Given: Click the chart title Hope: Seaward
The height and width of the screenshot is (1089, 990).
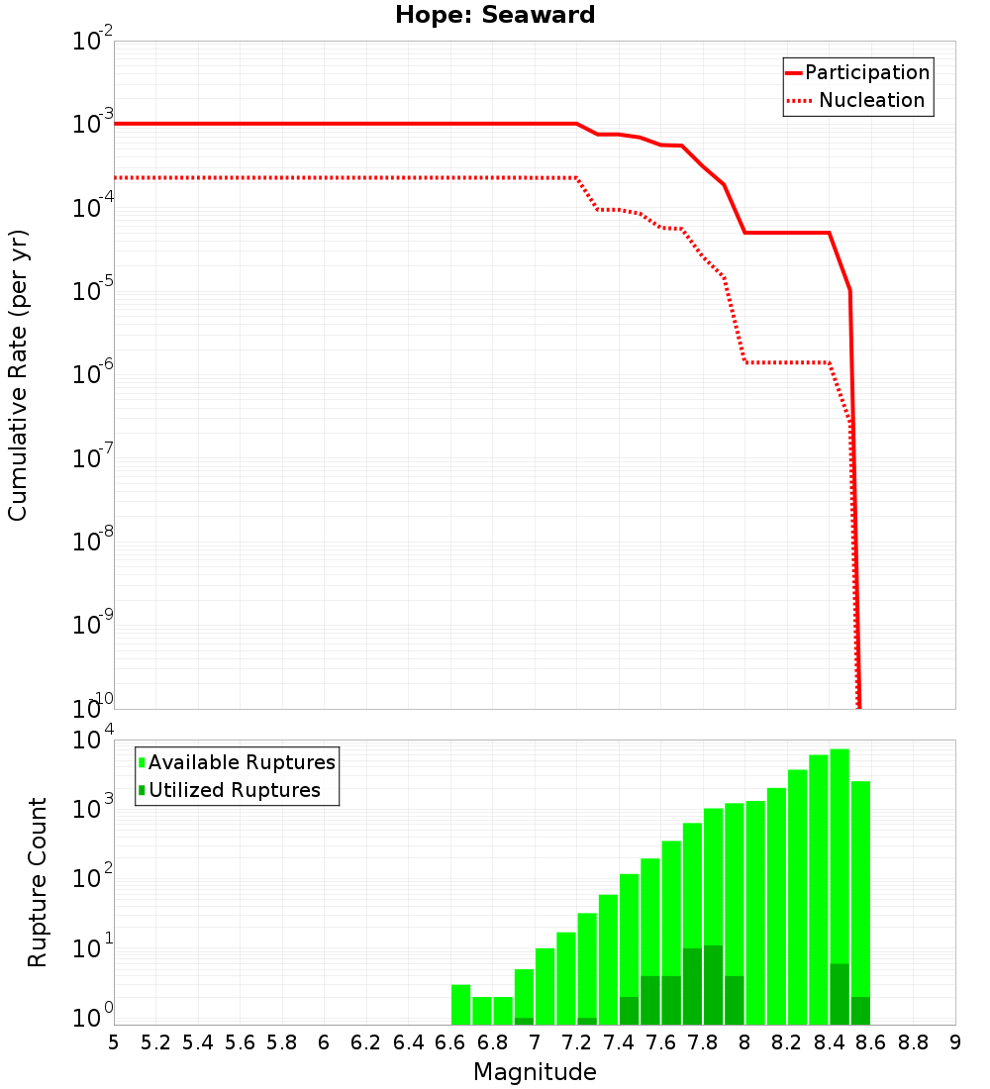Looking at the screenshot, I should (495, 15).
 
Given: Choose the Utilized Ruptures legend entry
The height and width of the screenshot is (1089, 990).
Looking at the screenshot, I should (234, 790).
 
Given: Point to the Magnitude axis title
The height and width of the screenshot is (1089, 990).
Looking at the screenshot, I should (535, 1072).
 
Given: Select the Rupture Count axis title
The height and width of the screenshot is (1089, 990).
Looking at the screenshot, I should (38, 881).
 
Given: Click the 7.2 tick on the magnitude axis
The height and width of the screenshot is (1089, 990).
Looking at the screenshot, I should (576, 1042).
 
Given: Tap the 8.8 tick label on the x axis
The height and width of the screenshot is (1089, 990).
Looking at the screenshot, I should (913, 1042).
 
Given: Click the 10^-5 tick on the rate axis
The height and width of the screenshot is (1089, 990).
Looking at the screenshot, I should (93, 292).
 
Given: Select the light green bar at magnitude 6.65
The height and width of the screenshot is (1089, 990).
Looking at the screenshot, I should (460, 1005).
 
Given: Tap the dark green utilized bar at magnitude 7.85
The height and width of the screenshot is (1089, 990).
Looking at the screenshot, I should (713, 985).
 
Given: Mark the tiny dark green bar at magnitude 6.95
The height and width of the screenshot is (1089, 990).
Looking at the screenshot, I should (524, 1021).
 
